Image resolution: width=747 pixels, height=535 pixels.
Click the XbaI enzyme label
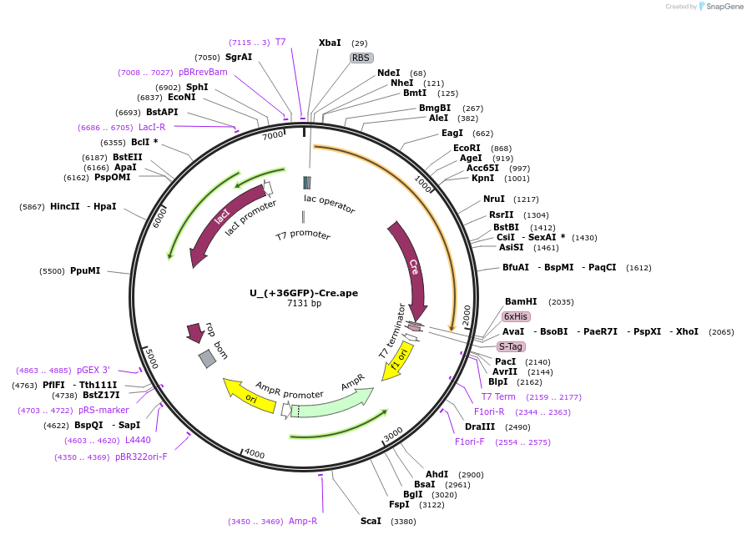pyautogui.click(x=330, y=43)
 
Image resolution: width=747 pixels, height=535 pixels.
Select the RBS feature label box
pyautogui.click(x=361, y=58)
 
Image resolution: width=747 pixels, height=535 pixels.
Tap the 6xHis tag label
pyautogui.click(x=515, y=316)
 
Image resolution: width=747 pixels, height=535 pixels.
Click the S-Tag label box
pyautogui.click(x=511, y=346)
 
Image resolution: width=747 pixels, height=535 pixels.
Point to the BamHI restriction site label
pyautogui.click(x=521, y=301)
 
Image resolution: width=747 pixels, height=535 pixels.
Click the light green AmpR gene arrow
pyautogui.click(x=334, y=405)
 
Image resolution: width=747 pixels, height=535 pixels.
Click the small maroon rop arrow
pyautogui.click(x=195, y=332)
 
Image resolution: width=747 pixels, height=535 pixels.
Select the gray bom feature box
pyautogui.click(x=207, y=359)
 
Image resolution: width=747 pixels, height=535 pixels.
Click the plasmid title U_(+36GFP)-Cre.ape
pyautogui.click(x=304, y=293)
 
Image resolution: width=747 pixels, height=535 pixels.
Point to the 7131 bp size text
pyautogui.click(x=304, y=304)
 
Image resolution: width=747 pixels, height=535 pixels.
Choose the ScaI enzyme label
pyautogui.click(x=371, y=521)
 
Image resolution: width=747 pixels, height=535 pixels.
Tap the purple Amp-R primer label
pyautogui.click(x=303, y=521)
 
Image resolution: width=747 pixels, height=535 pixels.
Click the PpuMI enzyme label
pyautogui.click(x=85, y=270)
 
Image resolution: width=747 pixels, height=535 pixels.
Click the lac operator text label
pyautogui.click(x=329, y=203)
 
